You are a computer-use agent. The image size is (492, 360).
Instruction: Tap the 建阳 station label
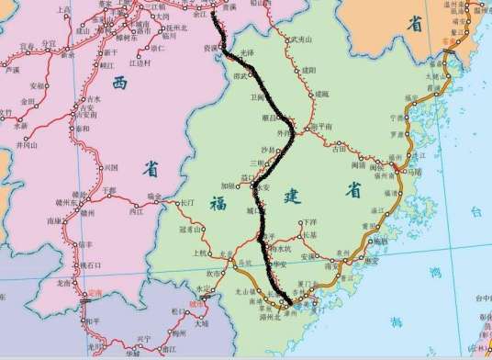(x=308, y=70)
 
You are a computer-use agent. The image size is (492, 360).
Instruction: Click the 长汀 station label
(x=188, y=202)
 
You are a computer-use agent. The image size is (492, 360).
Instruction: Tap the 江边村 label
(x=140, y=63)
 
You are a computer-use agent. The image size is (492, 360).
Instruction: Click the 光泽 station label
(x=246, y=53)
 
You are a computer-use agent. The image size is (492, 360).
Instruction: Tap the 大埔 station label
(x=202, y=323)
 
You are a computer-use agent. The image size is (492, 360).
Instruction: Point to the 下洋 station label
(x=309, y=222)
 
